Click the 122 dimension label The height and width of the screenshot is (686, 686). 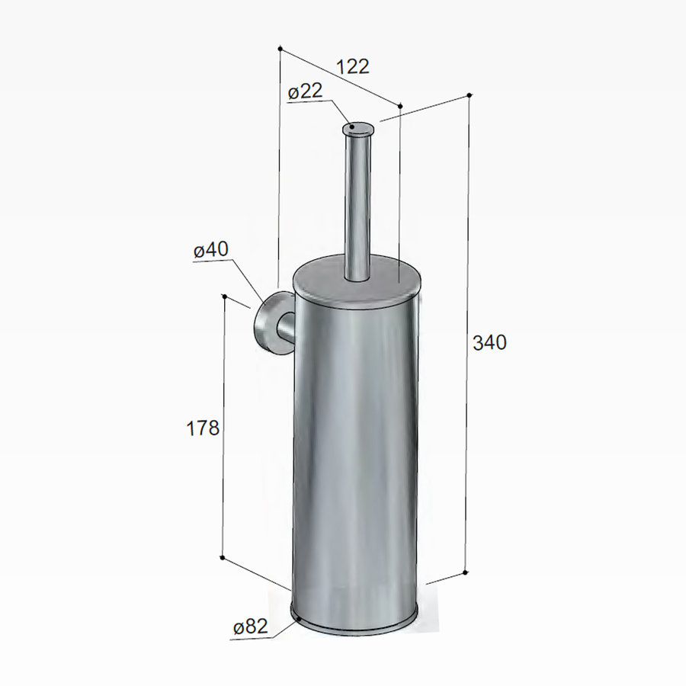pyautogui.click(x=352, y=66)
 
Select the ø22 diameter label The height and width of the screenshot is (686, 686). pyautogui.click(x=306, y=91)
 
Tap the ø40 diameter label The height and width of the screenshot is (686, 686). pyautogui.click(x=211, y=250)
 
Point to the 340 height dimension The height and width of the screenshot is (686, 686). pyautogui.click(x=489, y=343)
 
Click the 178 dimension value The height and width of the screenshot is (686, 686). pyautogui.click(x=203, y=428)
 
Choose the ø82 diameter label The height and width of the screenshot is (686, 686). pyautogui.click(x=251, y=627)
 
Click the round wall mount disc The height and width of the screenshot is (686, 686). pyautogui.click(x=268, y=324)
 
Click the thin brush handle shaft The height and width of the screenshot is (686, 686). pyautogui.click(x=356, y=206)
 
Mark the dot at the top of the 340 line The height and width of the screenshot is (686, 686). pyautogui.click(x=469, y=95)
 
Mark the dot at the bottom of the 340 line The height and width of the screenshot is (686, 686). pyautogui.click(x=465, y=572)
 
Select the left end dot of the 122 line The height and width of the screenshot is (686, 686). pyautogui.click(x=280, y=48)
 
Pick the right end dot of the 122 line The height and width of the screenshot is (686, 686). pyautogui.click(x=400, y=104)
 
